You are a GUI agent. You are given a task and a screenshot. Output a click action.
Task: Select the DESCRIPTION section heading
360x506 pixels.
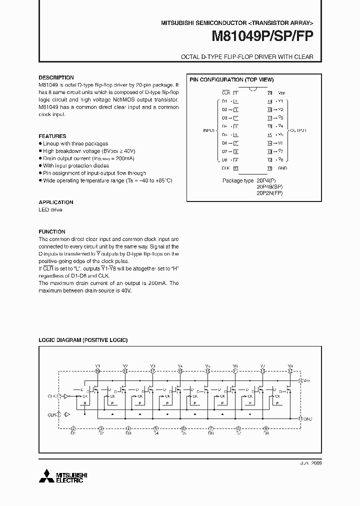pyautogui.click(x=56, y=77)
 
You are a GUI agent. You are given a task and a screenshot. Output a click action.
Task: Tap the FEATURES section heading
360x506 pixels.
pyautogui.click(x=52, y=136)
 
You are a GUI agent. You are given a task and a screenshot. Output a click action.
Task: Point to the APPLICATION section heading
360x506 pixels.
pyautogui.click(x=56, y=202)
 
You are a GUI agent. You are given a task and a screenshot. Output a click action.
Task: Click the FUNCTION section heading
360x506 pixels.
pyautogui.click(x=52, y=232)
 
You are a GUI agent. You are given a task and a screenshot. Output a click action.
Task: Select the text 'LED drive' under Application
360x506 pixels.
pyautogui.click(x=50, y=210)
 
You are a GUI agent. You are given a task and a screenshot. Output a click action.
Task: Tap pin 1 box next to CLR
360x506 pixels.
pyautogui.click(x=236, y=92)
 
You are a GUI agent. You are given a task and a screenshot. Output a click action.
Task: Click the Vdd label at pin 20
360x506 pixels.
pyautogui.click(x=281, y=93)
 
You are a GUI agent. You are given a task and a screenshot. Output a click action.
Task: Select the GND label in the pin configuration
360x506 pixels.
pyautogui.click(x=282, y=168)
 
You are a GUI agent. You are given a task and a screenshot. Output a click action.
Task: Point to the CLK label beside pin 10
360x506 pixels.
pyautogui.click(x=225, y=168)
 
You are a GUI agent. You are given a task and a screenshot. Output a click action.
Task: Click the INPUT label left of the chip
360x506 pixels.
pyautogui.click(x=209, y=130)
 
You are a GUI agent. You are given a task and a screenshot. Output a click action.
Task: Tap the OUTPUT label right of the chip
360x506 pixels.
pyautogui.click(x=298, y=130)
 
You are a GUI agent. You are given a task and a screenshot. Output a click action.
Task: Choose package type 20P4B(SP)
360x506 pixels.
pyautogui.click(x=269, y=187)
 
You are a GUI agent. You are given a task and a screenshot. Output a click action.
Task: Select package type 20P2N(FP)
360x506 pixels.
pyautogui.click(x=269, y=193)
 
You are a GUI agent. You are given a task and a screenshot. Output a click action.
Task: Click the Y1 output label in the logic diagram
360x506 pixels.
pyautogui.click(x=97, y=366)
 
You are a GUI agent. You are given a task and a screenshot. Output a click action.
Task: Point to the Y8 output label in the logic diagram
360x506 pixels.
pyautogui.click(x=290, y=366)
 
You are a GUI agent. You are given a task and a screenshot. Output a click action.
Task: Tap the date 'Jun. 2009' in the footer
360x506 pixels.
pyautogui.click(x=310, y=463)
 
